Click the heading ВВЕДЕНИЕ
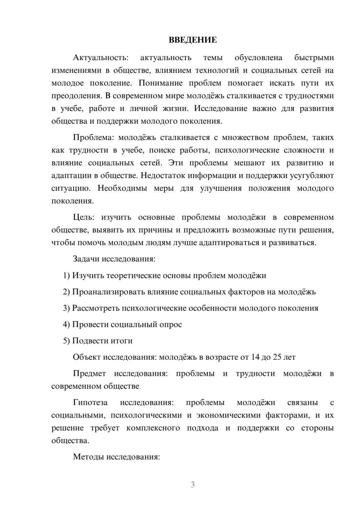193,40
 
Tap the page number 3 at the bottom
193,485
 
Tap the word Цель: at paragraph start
84,217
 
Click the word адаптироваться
227,243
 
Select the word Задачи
86,259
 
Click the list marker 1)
67,276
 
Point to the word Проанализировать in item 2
108,292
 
